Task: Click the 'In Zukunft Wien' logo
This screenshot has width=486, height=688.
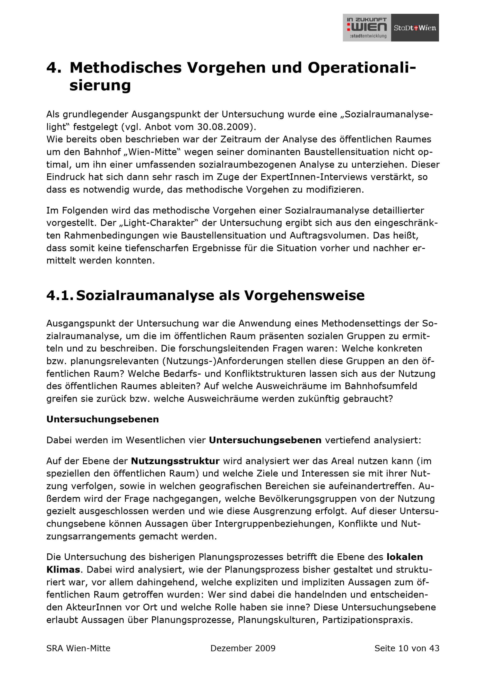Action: (367, 27)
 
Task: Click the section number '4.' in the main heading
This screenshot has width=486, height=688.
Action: (54, 68)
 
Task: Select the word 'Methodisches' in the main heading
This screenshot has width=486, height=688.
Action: (126, 68)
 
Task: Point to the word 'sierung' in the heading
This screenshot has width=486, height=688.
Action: (100, 85)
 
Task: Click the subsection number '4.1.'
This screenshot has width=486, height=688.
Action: (60, 295)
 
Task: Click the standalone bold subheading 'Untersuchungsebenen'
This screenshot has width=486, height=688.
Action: (103, 419)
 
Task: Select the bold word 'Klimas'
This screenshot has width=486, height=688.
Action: (63, 569)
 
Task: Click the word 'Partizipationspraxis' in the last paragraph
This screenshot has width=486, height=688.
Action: (367, 620)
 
